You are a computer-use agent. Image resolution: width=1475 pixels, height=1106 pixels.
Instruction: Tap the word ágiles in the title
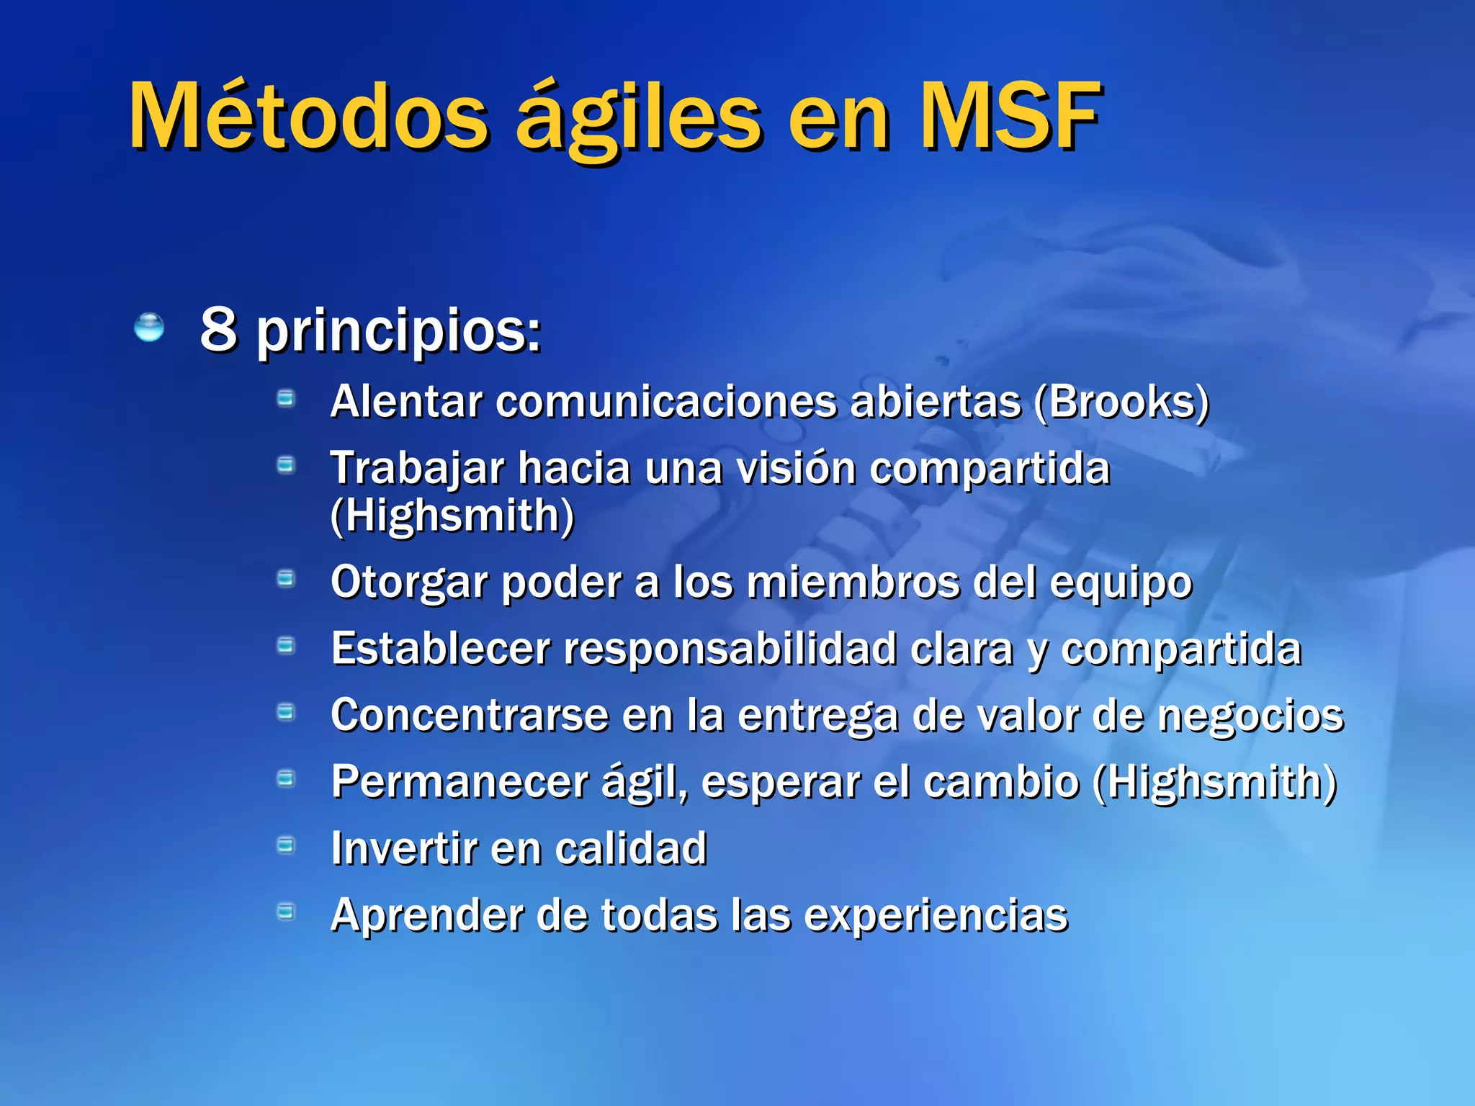(x=638, y=119)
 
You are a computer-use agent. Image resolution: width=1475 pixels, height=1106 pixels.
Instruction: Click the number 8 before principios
(x=218, y=329)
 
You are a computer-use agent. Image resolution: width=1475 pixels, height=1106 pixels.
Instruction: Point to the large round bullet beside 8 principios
(x=149, y=328)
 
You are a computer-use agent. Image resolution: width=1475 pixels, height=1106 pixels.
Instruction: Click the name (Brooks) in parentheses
(x=1121, y=402)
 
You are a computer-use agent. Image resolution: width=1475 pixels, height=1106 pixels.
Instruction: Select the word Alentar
(x=405, y=402)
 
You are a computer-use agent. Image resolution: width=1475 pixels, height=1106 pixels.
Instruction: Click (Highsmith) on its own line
(x=452, y=516)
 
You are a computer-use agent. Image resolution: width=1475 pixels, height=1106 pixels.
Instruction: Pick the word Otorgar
(x=409, y=583)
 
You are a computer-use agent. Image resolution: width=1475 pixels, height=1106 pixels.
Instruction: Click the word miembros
(x=853, y=582)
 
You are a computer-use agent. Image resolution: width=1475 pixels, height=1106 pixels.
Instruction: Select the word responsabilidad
(x=729, y=649)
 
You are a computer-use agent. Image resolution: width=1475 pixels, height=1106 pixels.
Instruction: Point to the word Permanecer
(x=459, y=782)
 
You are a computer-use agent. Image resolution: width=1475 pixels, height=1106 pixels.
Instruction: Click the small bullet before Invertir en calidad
(x=286, y=845)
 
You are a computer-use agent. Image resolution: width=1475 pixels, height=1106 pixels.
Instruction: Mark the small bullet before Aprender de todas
(x=286, y=912)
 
